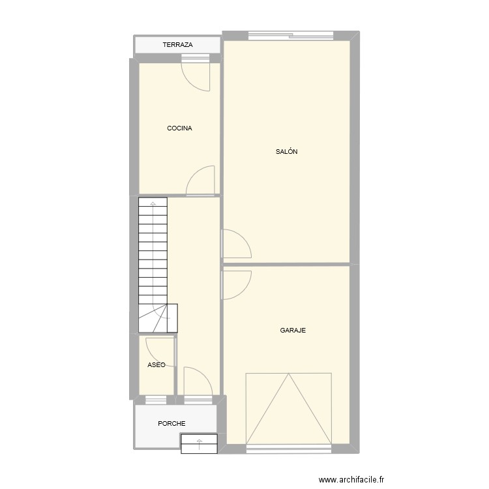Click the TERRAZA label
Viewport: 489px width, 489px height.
[x=177, y=45]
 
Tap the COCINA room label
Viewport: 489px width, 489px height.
[x=179, y=128]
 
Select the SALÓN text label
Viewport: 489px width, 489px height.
[x=287, y=151]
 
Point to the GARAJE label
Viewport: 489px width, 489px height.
[x=293, y=331]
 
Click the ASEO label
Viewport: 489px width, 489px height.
[x=156, y=365]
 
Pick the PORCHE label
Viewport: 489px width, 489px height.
[x=171, y=424]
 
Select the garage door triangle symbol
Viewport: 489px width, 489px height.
[x=288, y=408]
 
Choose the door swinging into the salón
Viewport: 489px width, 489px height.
[x=236, y=244]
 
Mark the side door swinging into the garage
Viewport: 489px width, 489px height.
[x=236, y=284]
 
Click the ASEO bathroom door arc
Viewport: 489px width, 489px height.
[x=160, y=349]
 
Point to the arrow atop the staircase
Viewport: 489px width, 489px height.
[x=153, y=205]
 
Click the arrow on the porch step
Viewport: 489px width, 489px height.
[x=199, y=445]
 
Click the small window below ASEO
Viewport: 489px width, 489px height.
[x=156, y=398]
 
